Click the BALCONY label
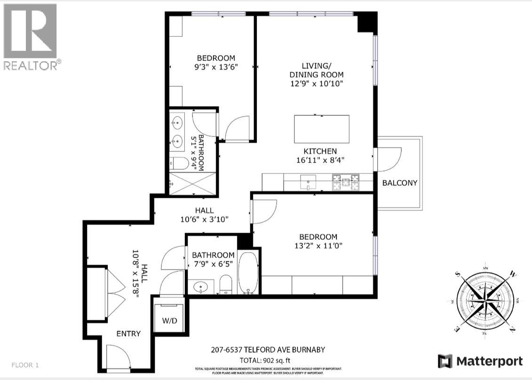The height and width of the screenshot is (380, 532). click(x=399, y=183)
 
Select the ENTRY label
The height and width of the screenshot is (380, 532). click(x=128, y=333)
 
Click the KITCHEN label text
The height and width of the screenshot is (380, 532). click(x=319, y=151)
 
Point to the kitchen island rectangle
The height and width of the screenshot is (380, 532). click(x=322, y=129)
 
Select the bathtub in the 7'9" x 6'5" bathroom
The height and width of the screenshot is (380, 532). click(x=247, y=273)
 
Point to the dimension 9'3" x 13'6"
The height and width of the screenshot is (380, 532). click(x=210, y=67)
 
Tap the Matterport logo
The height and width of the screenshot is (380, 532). click(x=480, y=361)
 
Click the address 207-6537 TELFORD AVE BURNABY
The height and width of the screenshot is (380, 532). click(x=268, y=350)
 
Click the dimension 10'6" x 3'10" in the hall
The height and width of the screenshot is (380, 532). click(x=205, y=219)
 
